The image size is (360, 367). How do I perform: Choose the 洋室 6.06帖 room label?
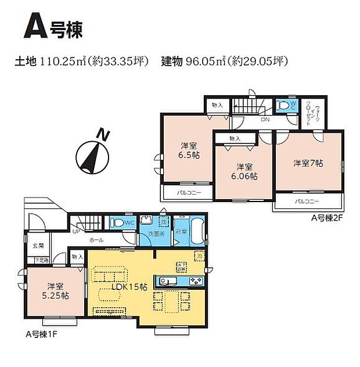(x=243, y=171)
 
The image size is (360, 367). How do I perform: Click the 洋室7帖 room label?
(x=308, y=163)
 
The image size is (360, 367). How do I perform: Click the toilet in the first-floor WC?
(x=116, y=222)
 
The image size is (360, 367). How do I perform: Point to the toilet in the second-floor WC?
(x=282, y=106)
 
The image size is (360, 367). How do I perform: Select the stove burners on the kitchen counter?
(x=195, y=282)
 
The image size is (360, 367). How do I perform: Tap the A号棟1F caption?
(x=42, y=335)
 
